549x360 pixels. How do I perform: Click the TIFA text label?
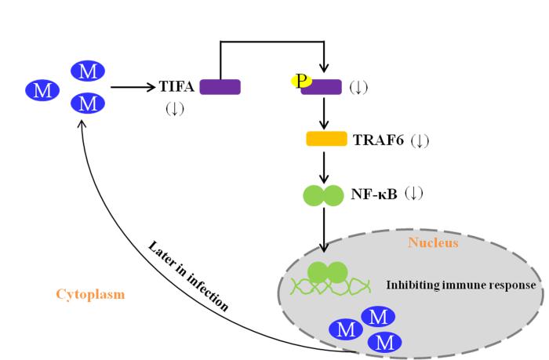pyautogui.click(x=178, y=87)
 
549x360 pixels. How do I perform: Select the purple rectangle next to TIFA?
pyautogui.click(x=220, y=87)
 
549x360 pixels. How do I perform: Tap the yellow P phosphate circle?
pyautogui.click(x=301, y=80)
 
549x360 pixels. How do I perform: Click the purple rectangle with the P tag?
pyautogui.click(x=322, y=86)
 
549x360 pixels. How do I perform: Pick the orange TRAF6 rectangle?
pyautogui.click(x=326, y=140)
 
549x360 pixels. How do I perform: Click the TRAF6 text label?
pyautogui.click(x=380, y=140)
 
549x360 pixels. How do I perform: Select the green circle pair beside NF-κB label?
pyautogui.click(x=324, y=195)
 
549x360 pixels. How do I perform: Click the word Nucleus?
pyautogui.click(x=433, y=243)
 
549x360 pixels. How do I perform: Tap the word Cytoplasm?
pyautogui.click(x=90, y=294)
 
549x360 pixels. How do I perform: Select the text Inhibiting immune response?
pyautogui.click(x=460, y=285)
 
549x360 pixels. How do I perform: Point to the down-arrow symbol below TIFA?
pyautogui.click(x=174, y=108)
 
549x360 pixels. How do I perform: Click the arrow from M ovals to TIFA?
pyautogui.click(x=133, y=87)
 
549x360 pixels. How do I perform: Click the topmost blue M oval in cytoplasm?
pyautogui.click(x=89, y=72)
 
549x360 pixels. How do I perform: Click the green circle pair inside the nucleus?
pyautogui.click(x=328, y=272)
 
